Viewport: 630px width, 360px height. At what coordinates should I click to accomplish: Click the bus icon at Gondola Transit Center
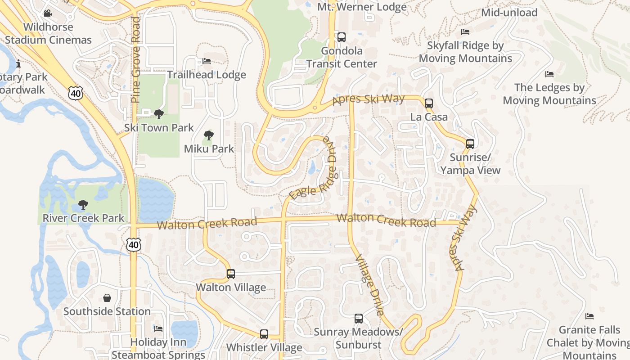tap(342, 37)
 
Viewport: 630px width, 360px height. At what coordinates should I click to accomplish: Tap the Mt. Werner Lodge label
tap(362, 7)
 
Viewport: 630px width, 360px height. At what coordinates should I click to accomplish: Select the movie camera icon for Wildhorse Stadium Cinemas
tap(48, 14)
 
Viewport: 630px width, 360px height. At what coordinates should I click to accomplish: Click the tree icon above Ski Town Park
tap(158, 114)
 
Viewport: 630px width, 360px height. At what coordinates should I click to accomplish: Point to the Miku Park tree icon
tap(208, 135)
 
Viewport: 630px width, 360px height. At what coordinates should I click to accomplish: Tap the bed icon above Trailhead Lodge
tap(207, 61)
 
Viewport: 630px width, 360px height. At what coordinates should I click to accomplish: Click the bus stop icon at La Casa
tap(429, 103)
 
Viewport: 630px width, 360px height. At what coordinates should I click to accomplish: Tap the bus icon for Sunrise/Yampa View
tap(470, 144)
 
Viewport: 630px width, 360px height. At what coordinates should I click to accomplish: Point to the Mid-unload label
tap(509, 13)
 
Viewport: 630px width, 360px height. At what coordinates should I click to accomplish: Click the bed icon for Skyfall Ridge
tap(465, 32)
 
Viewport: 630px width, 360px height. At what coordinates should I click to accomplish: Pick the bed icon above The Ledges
tap(549, 74)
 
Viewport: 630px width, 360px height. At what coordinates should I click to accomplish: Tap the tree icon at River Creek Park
tap(83, 205)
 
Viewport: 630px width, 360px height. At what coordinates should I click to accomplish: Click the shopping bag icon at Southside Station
tap(107, 298)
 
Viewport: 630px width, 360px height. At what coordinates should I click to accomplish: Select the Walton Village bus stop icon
tap(231, 274)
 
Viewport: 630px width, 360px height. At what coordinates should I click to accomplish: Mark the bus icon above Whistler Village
tap(264, 334)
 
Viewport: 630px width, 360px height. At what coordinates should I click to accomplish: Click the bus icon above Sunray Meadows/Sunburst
tap(359, 319)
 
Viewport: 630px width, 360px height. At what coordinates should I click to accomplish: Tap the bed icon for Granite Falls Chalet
tap(589, 316)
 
